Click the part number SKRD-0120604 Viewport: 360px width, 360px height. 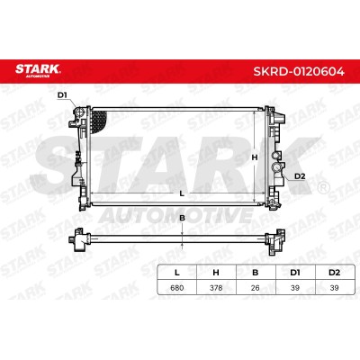(299, 72)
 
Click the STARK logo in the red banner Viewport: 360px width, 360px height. (38, 70)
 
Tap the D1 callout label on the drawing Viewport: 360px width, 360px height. (62, 95)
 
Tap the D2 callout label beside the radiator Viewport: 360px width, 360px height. (300, 176)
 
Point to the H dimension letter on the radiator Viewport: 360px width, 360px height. (255, 157)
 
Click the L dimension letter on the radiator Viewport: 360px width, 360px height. (181, 193)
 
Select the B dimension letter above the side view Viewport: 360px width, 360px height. (182, 218)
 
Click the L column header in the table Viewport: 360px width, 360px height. (177, 273)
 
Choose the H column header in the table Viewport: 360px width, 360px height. (216, 273)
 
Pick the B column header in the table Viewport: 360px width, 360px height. (256, 273)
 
